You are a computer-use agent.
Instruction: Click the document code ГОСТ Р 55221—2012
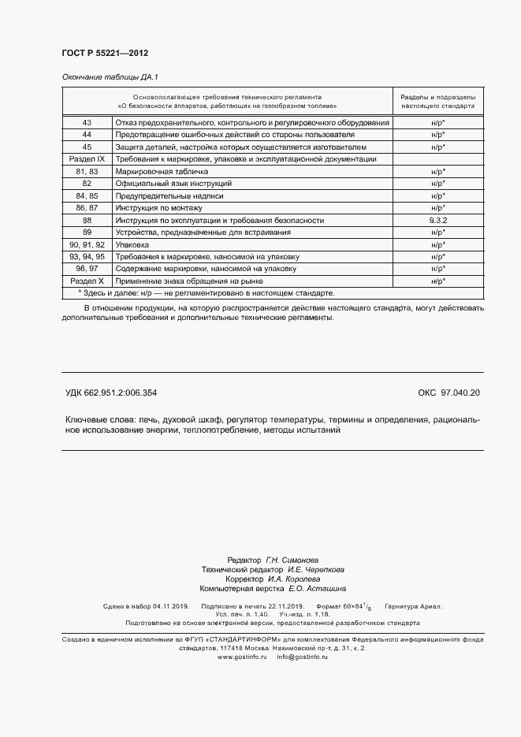point(105,53)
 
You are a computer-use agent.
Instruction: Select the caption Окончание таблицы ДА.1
point(110,77)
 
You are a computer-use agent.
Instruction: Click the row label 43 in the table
point(87,123)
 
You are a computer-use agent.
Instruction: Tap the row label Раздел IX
point(87,159)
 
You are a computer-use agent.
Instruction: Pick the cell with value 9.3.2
point(438,221)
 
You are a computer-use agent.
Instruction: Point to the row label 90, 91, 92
point(87,245)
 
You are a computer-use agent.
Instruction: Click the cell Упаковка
point(132,245)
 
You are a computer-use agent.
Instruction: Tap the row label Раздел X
point(87,281)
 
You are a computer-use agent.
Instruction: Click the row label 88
point(87,221)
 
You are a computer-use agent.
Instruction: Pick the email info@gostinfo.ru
point(302,657)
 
